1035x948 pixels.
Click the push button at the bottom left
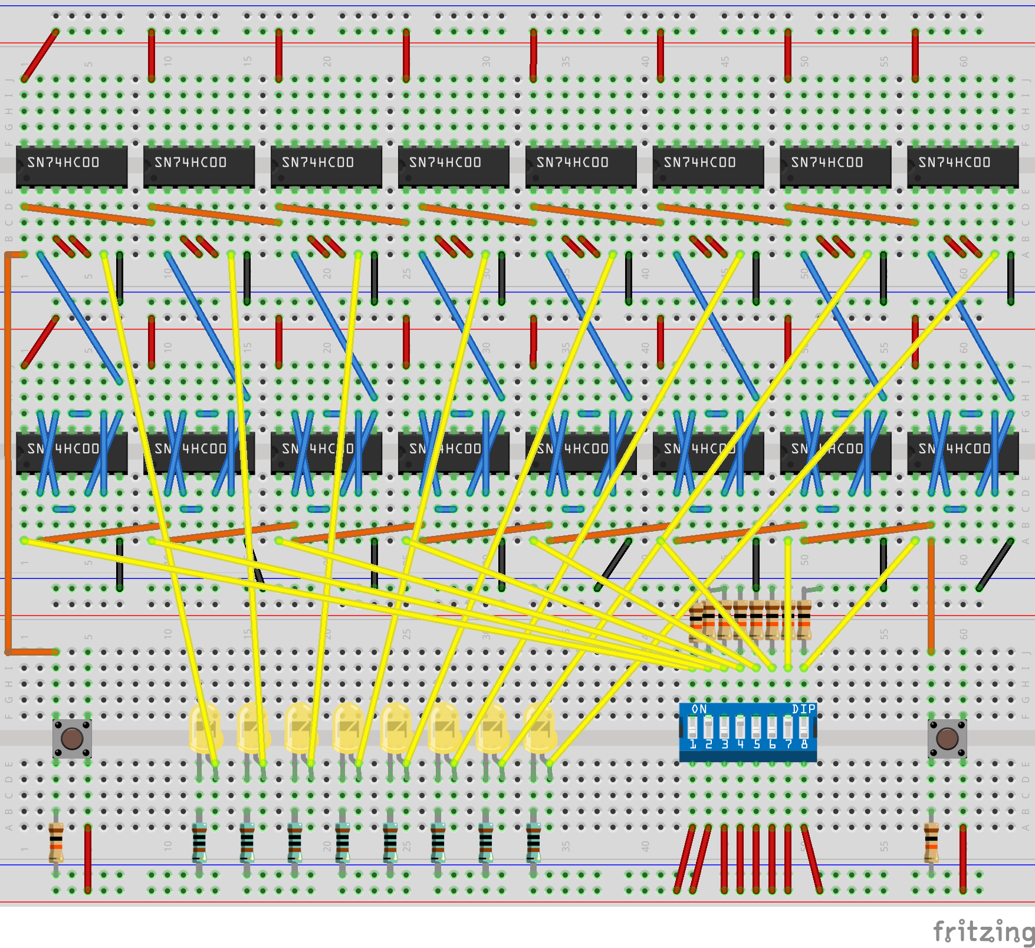[72, 738]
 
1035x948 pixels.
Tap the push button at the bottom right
[947, 738]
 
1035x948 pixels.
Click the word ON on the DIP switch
[699, 709]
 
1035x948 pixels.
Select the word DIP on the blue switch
[804, 709]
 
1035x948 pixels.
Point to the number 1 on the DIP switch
[693, 745]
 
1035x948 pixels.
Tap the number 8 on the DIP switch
[804, 745]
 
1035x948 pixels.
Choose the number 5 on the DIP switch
[757, 745]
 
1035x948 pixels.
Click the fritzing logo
[984, 931]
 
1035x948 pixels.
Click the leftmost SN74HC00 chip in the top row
[72, 166]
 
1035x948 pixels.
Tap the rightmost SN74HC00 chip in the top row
[962, 166]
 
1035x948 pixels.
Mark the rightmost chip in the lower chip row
[962, 453]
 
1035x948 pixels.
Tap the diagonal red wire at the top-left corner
[40, 55]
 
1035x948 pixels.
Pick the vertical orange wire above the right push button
[931, 595]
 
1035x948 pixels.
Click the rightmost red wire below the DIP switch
[811, 858]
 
